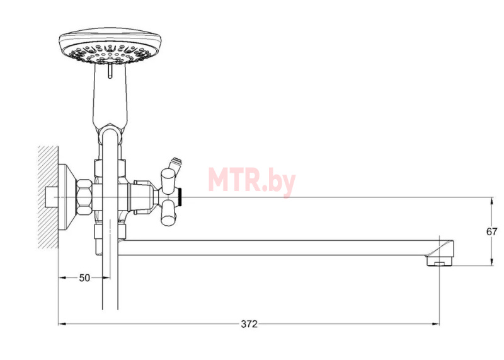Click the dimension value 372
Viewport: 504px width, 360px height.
[249, 324]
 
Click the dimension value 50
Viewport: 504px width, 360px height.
[84, 277]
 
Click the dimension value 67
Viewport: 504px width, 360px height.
[491, 231]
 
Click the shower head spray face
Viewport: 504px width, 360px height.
[110, 53]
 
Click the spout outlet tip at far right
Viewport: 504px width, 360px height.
[440, 260]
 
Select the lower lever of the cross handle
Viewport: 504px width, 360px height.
[168, 212]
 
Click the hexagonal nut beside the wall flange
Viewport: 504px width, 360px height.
[84, 197]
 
